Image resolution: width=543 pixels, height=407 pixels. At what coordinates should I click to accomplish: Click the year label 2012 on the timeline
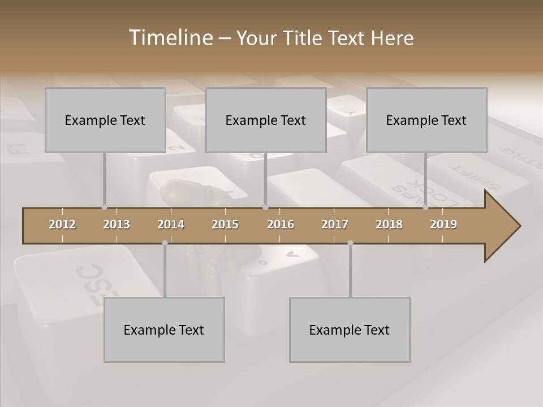[x=62, y=224]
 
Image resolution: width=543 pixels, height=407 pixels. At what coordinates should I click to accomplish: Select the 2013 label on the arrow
[x=117, y=224]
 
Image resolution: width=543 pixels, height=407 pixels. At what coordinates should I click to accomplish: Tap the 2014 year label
[x=171, y=224]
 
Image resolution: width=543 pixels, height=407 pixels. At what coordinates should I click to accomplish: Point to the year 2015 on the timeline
[x=225, y=224]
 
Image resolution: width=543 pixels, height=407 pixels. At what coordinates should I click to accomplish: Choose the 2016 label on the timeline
[x=281, y=224]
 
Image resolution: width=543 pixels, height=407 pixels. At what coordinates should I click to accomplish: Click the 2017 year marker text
[x=335, y=224]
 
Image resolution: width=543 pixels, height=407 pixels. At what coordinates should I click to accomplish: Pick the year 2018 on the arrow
[x=389, y=224]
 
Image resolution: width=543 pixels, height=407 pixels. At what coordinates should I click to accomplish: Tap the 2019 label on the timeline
[x=443, y=224]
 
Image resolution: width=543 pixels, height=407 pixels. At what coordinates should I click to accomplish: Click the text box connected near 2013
[x=105, y=120]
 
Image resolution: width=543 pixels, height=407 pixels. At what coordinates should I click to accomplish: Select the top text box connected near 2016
[x=266, y=120]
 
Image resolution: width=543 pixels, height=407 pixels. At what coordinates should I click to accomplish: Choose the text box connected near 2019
[x=426, y=120]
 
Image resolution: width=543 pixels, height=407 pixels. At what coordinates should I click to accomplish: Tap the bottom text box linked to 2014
[x=164, y=330]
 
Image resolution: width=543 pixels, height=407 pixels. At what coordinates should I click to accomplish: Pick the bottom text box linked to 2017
[x=350, y=330]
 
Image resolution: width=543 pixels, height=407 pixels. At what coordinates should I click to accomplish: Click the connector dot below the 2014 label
[x=165, y=243]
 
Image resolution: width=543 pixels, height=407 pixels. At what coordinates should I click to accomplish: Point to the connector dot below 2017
[x=350, y=243]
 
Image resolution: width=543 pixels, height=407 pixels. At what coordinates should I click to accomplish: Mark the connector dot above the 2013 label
[x=104, y=207]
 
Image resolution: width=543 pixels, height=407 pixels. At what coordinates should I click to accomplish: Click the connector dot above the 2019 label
[x=425, y=207]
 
